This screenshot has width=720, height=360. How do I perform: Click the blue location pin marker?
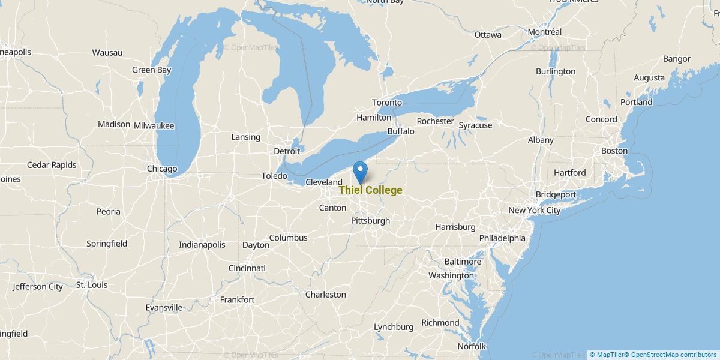pos(360,172)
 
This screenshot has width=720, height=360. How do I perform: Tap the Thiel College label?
pos(370,190)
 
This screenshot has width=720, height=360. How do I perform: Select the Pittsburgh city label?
pos(370,221)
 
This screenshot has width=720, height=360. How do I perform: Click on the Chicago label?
pos(162,169)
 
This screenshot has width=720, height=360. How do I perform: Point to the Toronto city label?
pos(386,103)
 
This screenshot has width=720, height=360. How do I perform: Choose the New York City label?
pos(534,211)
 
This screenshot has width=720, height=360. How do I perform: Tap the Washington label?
pos(451,275)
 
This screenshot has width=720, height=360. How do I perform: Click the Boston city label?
pos(614,151)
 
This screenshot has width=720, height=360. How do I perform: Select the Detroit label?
pos(287,151)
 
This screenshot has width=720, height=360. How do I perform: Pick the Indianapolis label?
pos(202,244)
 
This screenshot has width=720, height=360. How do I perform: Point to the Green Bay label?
pos(151,70)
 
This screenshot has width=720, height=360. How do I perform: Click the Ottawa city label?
pos(488,35)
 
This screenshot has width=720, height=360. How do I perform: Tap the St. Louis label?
pos(92,284)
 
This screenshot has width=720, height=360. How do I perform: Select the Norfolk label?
pos(472,346)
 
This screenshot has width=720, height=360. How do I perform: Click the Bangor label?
pos(677,59)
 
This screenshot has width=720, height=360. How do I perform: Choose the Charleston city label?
pos(326,295)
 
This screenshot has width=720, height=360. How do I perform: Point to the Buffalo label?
pos(401,131)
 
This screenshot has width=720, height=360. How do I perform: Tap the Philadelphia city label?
pos(502,238)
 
